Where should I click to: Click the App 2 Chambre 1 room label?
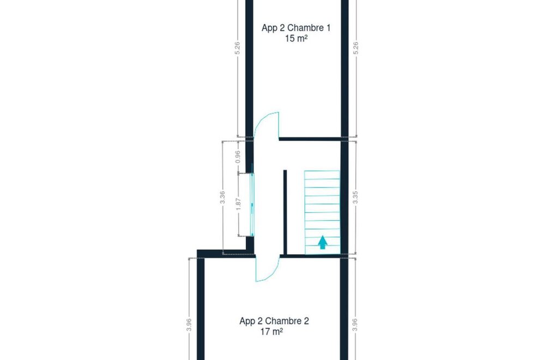(x=296, y=28)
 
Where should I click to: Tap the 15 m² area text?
(x=296, y=39)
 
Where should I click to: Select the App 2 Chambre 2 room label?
(x=274, y=321)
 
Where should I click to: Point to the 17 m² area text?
(x=271, y=332)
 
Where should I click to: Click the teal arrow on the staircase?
(x=323, y=242)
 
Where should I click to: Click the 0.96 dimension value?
(x=238, y=157)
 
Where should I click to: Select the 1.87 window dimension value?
(x=238, y=204)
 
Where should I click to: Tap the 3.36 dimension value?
(x=222, y=197)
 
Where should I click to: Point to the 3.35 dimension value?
(x=355, y=197)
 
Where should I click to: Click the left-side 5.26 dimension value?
(x=238, y=48)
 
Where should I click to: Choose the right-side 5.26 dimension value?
(x=355, y=48)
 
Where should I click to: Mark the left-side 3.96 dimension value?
(x=189, y=325)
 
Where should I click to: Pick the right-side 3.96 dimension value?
(x=355, y=325)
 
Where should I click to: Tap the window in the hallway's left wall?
(x=252, y=205)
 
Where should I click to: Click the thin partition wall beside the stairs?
(x=285, y=213)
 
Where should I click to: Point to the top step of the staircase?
(x=322, y=175)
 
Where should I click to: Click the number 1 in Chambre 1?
(x=328, y=28)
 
